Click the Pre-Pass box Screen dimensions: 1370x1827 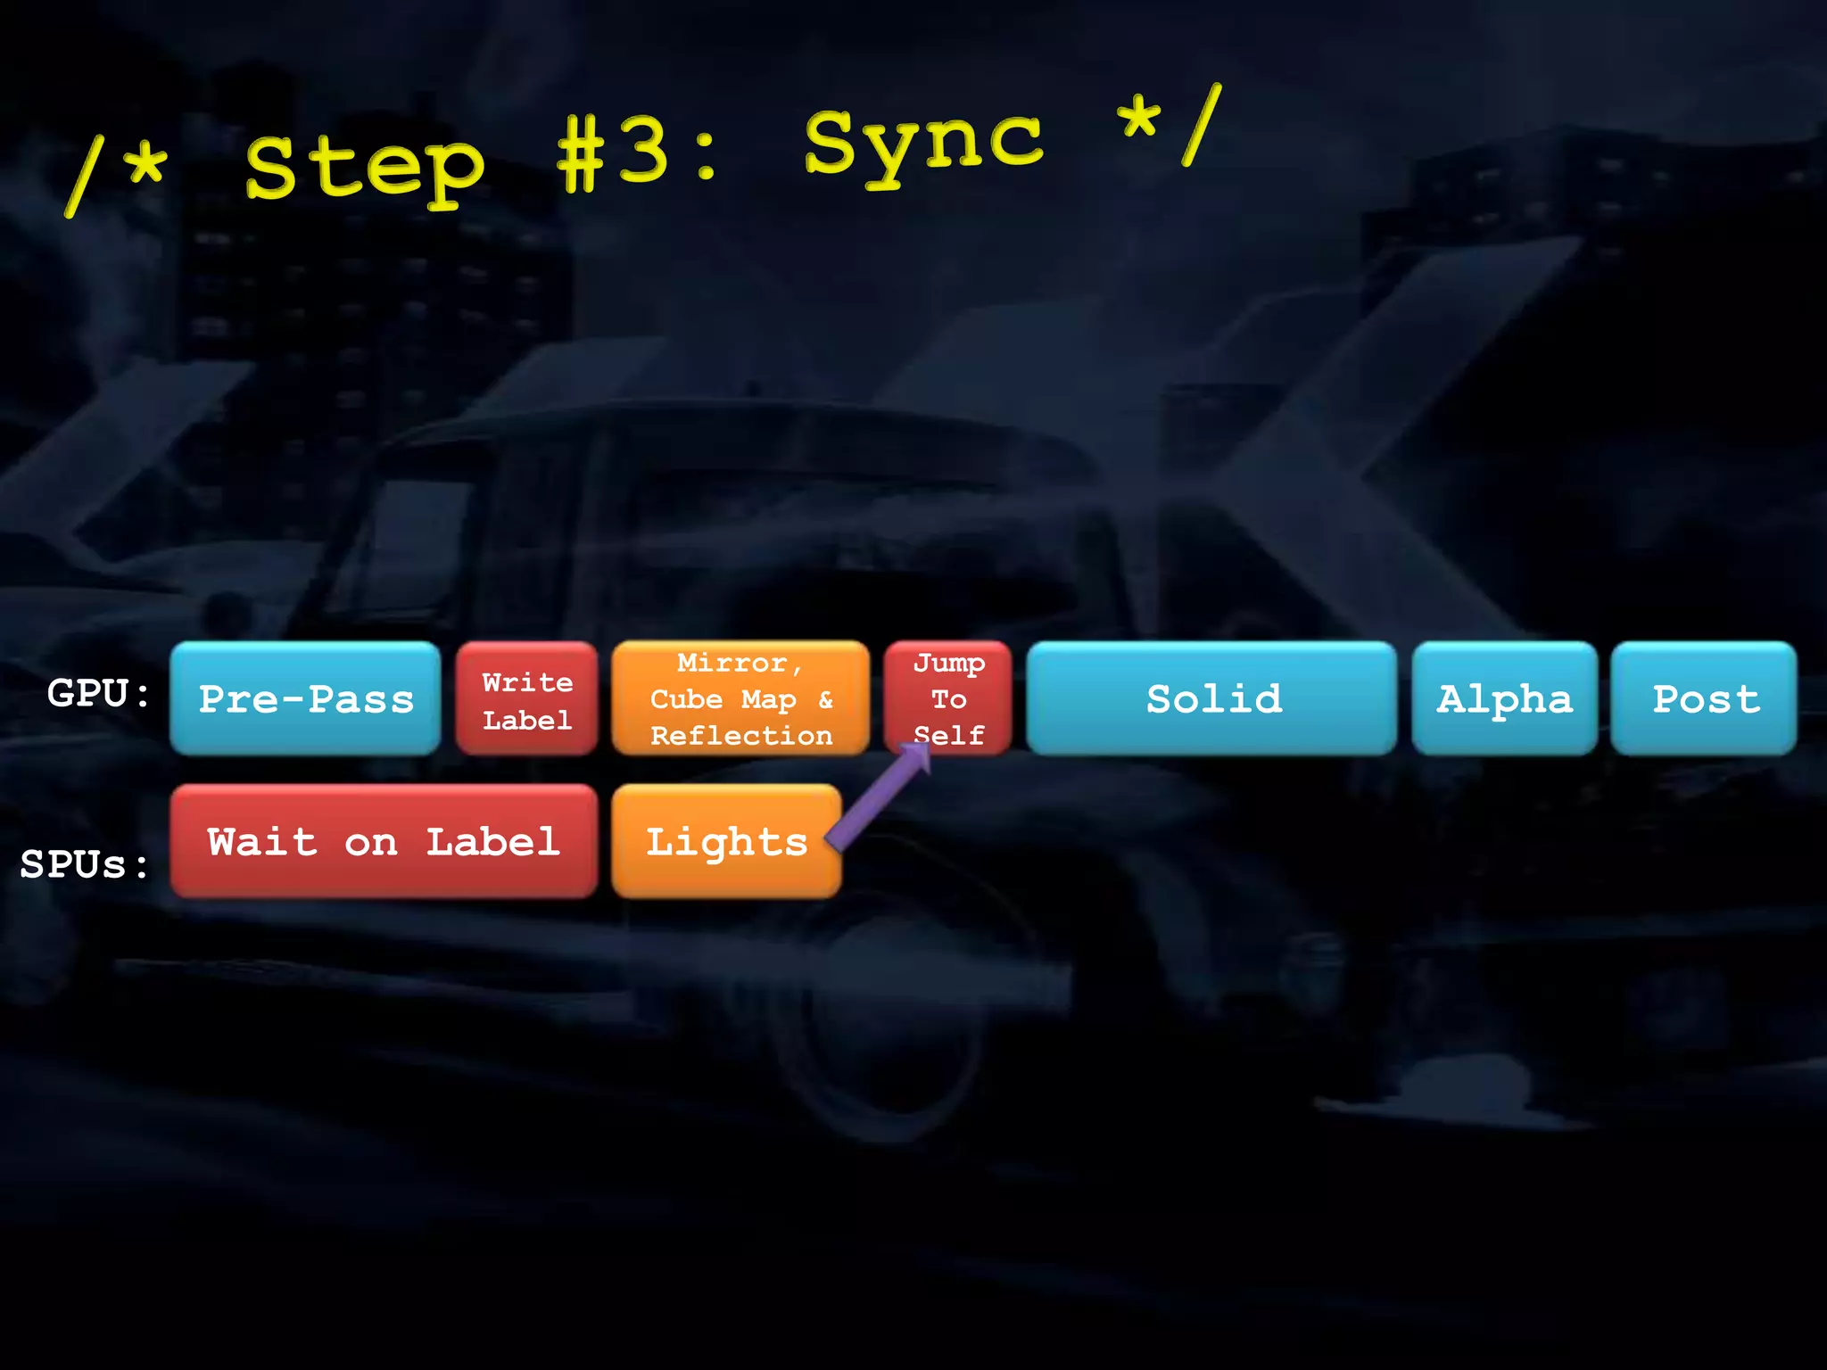[x=305, y=698]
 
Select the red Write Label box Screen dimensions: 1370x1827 [x=526, y=699]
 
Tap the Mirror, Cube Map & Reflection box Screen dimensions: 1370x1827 [x=740, y=698]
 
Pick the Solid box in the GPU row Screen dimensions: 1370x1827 [x=1211, y=698]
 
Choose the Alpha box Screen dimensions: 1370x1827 [x=1504, y=698]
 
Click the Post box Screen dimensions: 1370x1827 [x=1704, y=698]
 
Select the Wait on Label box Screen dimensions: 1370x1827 [x=384, y=841]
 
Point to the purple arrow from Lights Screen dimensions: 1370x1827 [x=879, y=796]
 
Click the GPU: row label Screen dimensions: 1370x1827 [x=98, y=693]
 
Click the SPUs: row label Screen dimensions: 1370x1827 [x=85, y=863]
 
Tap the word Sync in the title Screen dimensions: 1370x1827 [x=923, y=143]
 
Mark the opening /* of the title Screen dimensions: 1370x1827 [x=116, y=174]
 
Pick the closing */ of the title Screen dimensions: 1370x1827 [x=1169, y=125]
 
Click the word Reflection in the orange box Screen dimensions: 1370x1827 [x=740, y=736]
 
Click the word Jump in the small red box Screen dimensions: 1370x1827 [x=948, y=663]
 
